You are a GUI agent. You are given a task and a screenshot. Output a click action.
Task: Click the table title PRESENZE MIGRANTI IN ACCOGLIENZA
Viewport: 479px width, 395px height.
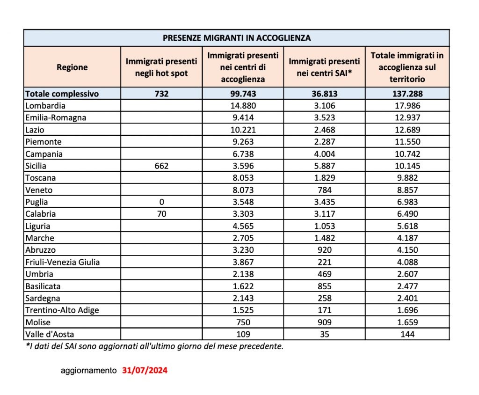point(237,37)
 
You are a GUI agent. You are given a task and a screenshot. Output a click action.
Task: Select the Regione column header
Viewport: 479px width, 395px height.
point(72,67)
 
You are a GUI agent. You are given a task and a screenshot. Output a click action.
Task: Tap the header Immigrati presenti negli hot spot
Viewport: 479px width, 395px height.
point(161,67)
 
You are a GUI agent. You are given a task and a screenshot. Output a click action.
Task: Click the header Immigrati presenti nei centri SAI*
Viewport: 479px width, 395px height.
point(324,67)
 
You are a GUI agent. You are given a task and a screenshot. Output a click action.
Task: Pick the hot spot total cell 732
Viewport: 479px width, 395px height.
point(161,94)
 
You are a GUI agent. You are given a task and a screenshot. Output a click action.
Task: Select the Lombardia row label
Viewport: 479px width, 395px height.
point(45,106)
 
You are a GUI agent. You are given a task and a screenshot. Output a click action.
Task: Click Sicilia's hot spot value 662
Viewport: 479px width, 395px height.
point(161,166)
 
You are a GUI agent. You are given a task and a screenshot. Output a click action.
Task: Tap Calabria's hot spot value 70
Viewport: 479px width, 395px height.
point(161,214)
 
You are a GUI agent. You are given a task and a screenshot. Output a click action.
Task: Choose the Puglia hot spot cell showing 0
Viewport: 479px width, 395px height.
point(161,202)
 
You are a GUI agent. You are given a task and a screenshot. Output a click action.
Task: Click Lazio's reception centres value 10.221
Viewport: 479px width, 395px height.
point(243,130)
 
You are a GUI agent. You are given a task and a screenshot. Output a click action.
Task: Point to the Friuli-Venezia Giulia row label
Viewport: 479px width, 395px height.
point(63,262)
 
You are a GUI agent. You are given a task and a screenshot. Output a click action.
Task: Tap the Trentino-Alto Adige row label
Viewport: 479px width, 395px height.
point(62,310)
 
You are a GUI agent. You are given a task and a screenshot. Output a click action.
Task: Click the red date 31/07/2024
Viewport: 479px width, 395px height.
point(145,371)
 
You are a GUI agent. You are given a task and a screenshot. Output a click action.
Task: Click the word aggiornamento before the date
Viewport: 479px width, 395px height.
point(88,371)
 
